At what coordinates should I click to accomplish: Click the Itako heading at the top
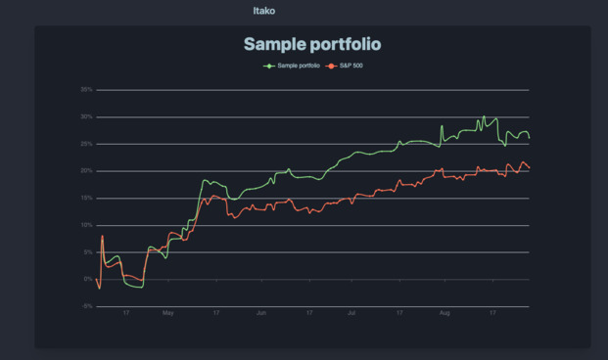tap(262, 11)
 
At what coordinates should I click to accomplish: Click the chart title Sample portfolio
tap(311, 44)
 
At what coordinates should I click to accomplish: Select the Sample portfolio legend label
tap(299, 66)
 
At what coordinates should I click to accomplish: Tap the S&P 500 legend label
tap(351, 66)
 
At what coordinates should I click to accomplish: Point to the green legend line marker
tap(269, 66)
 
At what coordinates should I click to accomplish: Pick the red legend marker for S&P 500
tap(331, 66)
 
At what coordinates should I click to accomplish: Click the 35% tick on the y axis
tap(86, 90)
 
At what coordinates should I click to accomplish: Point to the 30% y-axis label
tap(86, 117)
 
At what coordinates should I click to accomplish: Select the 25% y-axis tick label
tap(86, 144)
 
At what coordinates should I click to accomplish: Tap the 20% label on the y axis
tap(86, 171)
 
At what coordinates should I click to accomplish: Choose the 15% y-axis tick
tap(86, 199)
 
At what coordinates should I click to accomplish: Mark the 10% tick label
tap(86, 225)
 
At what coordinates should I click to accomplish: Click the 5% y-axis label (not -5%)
tap(88, 252)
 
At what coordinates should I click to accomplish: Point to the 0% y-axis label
tap(88, 280)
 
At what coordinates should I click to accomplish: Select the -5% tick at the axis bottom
tap(87, 306)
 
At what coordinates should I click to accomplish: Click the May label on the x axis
tap(167, 313)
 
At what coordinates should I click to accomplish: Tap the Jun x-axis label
tap(261, 313)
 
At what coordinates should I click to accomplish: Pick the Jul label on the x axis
tap(351, 313)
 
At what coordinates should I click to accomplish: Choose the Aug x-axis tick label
tap(444, 313)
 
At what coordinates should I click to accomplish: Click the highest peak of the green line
tap(483, 116)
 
